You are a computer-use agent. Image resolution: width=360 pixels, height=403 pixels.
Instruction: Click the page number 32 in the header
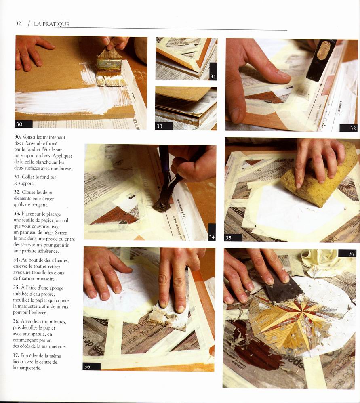tap(18, 24)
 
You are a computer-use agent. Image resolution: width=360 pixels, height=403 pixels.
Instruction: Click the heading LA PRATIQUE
tap(51, 24)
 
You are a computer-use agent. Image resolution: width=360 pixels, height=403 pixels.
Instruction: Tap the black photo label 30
tap(24, 124)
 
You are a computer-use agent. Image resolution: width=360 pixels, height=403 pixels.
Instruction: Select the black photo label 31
tap(213, 72)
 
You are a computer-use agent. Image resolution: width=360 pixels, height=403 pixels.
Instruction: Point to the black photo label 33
tap(164, 126)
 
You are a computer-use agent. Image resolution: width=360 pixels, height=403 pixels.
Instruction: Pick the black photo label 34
tap(212, 232)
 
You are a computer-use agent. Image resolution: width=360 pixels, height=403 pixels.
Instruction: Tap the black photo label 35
tap(233, 238)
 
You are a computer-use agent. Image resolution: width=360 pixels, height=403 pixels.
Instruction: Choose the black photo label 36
tap(92, 367)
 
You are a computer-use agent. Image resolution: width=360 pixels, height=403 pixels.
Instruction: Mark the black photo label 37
tap(347, 253)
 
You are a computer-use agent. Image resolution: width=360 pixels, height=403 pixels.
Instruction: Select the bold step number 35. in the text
tap(17, 288)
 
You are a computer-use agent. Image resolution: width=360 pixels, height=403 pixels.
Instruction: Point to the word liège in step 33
tap(48, 233)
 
